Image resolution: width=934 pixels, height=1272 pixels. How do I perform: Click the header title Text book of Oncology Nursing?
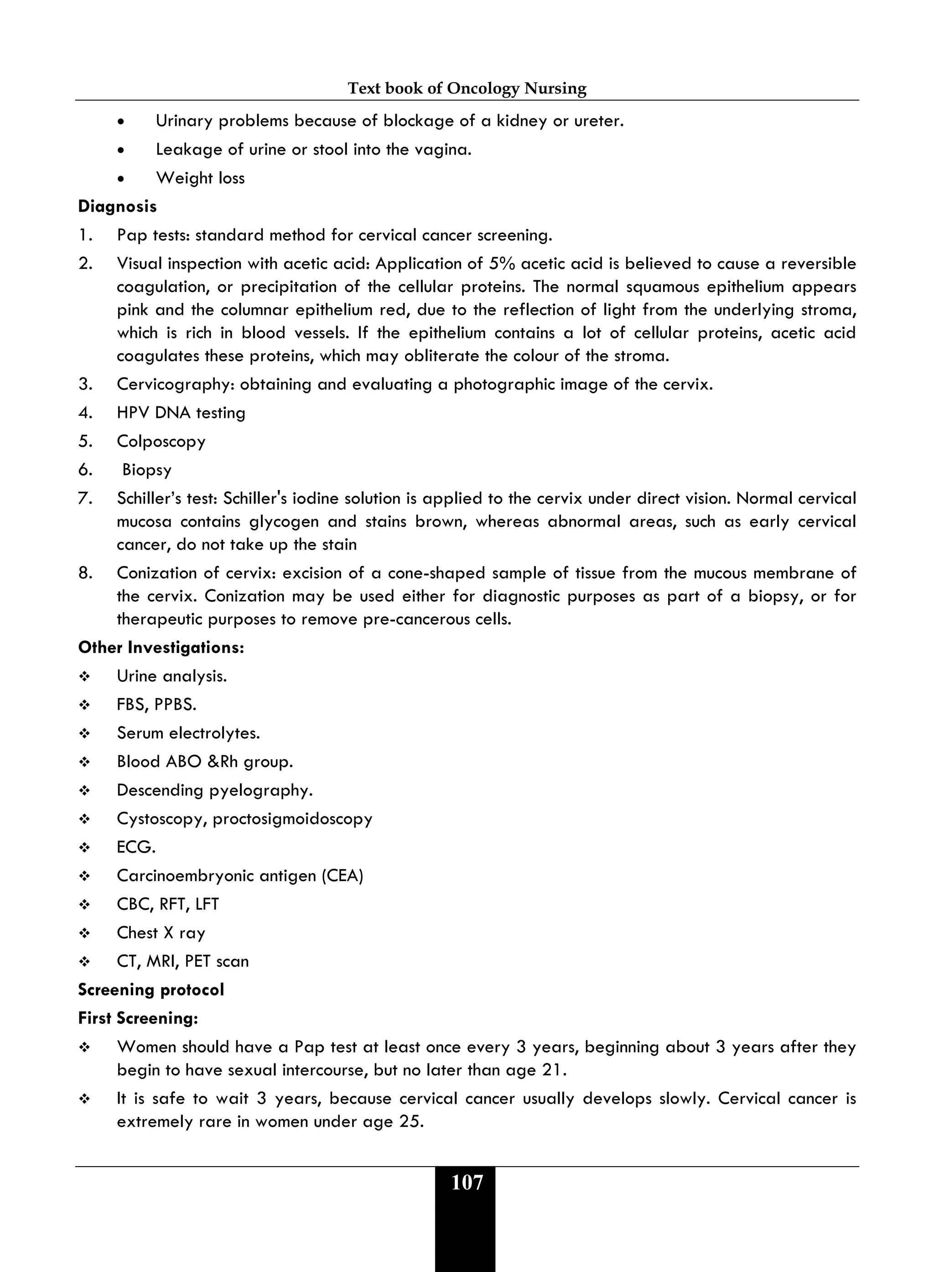(467, 88)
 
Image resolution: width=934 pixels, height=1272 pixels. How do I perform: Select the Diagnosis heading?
(118, 206)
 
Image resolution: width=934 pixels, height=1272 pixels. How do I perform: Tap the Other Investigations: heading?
(161, 647)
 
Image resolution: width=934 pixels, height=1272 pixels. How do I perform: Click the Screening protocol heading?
(151, 990)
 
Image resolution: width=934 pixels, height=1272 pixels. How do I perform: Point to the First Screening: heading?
(138, 1018)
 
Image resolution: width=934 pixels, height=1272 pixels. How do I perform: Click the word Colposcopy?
(161, 442)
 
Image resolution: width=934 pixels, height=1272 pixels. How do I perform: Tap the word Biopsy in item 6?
(146, 470)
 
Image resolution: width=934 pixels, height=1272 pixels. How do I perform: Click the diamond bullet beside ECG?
(85, 848)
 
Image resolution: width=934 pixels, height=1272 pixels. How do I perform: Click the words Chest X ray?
(161, 933)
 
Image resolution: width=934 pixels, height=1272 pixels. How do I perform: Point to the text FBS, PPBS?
(156, 705)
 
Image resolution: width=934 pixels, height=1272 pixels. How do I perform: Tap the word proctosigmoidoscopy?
(292, 819)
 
